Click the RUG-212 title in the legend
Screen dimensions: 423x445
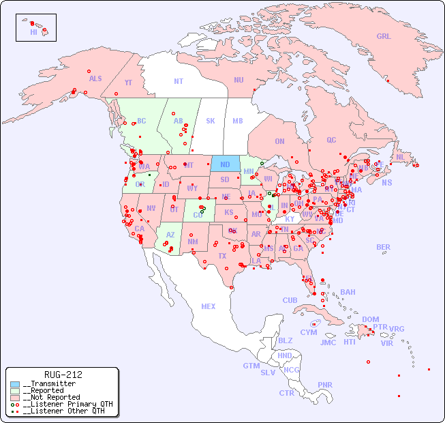pos(63,375)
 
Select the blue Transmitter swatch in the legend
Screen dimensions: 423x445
pos(15,384)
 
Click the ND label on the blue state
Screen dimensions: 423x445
pos(225,164)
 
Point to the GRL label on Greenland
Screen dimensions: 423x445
pos(384,37)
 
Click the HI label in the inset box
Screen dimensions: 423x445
pos(33,32)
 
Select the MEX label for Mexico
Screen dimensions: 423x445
pos(209,306)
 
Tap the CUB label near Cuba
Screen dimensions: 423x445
pos(290,300)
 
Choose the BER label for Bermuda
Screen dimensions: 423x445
pos(383,247)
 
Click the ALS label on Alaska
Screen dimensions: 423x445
pos(95,78)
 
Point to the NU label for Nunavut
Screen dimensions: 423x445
pos(239,80)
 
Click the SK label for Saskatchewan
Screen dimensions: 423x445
pos(211,121)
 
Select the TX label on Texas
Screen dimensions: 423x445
pos(221,256)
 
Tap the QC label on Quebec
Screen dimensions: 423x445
pos(331,140)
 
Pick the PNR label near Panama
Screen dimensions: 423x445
pos(325,385)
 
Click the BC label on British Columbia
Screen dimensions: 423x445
pos(142,121)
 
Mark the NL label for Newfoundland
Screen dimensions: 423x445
pos(400,157)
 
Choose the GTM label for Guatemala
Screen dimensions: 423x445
pos(251,366)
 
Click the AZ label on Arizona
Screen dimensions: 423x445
pos(170,235)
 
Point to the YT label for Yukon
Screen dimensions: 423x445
pos(128,83)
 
